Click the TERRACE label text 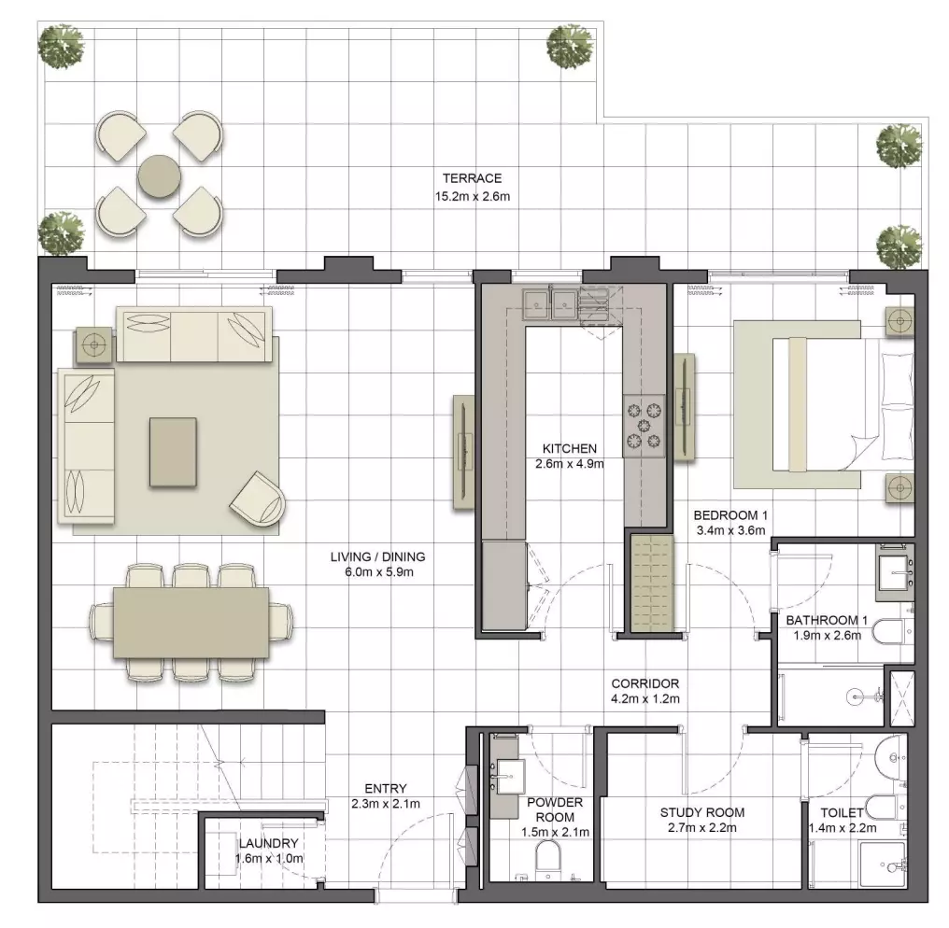472,178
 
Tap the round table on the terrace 159,176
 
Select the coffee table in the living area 173,452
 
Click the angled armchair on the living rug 259,499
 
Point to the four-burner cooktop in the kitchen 644,426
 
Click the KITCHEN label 570,449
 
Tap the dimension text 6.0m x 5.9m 379,572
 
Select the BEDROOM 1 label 730,515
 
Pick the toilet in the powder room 548,859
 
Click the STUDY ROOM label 702,812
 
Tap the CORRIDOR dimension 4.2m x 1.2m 645,699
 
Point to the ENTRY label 386,789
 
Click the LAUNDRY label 268,843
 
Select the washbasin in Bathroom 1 895,572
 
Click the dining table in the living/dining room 191,622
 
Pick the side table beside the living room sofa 93,345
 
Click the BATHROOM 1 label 827,620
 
